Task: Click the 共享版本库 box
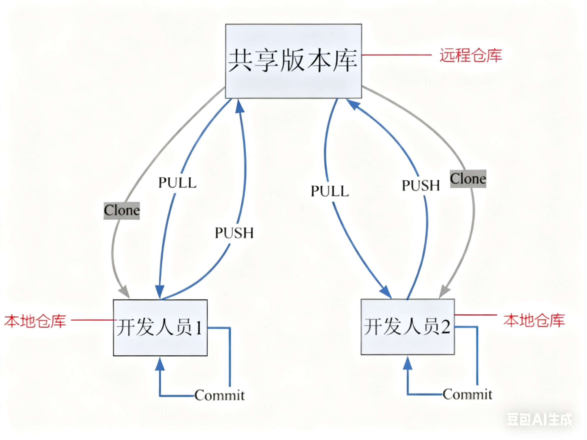point(293,61)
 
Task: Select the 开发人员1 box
point(160,328)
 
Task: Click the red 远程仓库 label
point(471,55)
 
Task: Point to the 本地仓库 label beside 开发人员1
point(35,321)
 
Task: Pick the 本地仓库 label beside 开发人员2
point(534,320)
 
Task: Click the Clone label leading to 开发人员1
point(121,211)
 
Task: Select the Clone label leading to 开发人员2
point(468,178)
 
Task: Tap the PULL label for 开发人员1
point(177,183)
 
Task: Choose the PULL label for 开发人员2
point(330,191)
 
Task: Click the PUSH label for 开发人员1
point(234,233)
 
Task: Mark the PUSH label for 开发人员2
point(421,185)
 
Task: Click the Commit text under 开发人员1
point(220,395)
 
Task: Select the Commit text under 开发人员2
point(467,394)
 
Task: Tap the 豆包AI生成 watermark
point(539,419)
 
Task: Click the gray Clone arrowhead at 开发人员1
point(125,293)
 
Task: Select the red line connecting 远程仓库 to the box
point(397,55)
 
